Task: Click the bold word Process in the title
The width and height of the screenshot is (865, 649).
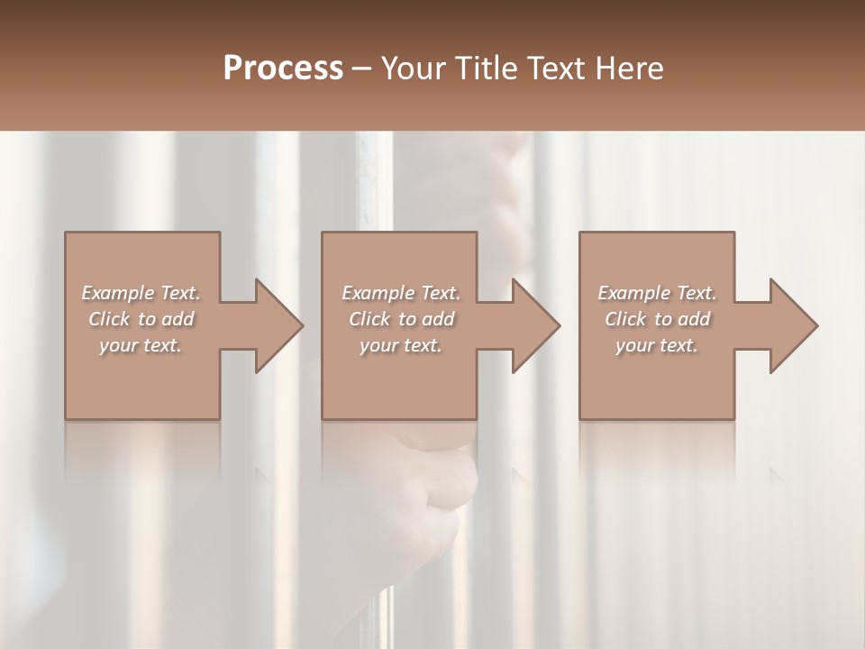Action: [283, 69]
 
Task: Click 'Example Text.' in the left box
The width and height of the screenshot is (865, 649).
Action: [141, 293]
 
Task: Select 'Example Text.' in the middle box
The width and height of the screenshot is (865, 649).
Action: [400, 293]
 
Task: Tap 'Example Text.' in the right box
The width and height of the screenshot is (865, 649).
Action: [656, 293]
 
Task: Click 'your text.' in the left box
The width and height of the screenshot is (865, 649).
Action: [141, 345]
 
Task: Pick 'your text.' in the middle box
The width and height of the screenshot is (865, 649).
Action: [400, 345]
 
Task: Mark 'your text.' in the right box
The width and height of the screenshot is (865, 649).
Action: [656, 345]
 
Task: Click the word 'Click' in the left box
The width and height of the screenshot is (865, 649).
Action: [109, 319]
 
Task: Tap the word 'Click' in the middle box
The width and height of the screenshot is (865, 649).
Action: [369, 319]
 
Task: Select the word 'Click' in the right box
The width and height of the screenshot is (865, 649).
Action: [625, 319]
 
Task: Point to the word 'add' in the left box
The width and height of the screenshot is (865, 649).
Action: [178, 319]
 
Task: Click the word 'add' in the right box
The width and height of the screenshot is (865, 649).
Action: [694, 319]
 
